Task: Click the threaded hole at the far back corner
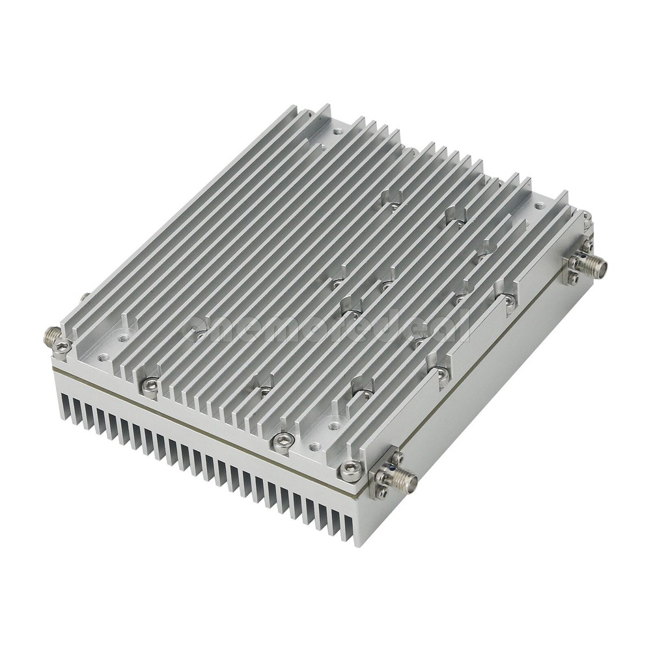coord(336,132)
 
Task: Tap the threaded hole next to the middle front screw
coord(315,447)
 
